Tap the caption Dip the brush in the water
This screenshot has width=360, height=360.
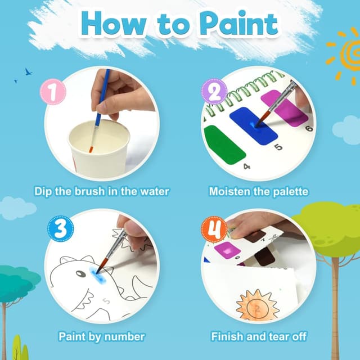click(x=101, y=192)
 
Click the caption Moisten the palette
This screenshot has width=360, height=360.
click(x=259, y=192)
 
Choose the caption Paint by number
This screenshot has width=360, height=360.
click(x=101, y=337)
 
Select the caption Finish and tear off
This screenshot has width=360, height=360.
click(x=259, y=337)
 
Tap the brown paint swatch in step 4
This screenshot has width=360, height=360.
click(x=264, y=258)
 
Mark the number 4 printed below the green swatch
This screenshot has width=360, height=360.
click(x=246, y=166)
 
